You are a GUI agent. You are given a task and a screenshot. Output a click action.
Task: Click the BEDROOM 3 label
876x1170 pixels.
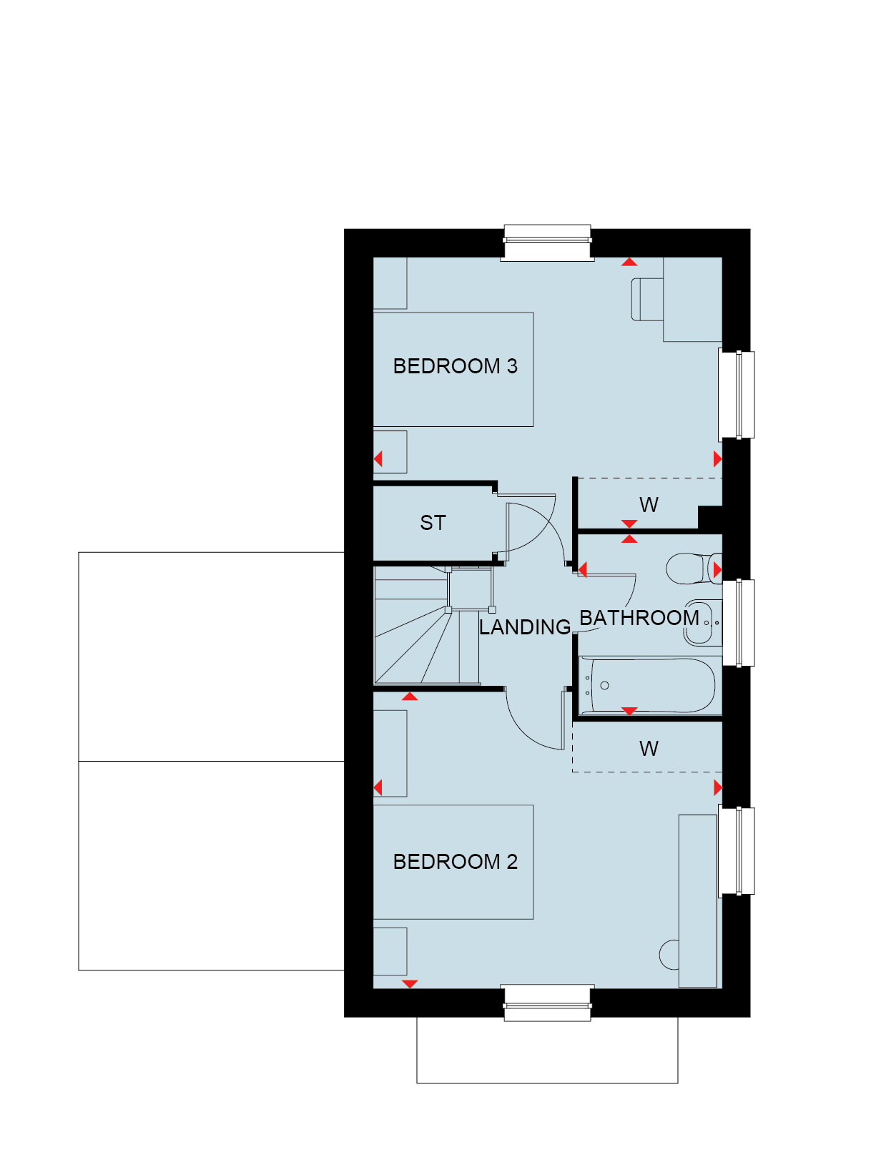click(455, 365)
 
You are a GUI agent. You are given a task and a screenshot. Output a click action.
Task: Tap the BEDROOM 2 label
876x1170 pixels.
click(455, 861)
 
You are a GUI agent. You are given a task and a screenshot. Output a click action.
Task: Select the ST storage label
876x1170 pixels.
click(432, 523)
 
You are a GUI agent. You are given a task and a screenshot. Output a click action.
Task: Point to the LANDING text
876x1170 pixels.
click(524, 627)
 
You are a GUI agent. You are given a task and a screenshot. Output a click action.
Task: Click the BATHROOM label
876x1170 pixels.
click(639, 618)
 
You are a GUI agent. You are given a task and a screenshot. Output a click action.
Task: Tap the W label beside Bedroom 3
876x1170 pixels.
click(649, 504)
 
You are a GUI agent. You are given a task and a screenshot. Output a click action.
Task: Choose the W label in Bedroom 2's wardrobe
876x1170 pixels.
click(649, 748)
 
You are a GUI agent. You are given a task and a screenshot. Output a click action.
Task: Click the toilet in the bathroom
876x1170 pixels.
click(694, 569)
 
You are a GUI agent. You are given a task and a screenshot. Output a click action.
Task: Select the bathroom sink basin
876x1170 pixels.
click(703, 623)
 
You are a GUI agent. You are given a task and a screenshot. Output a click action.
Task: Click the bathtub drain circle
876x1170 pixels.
click(604, 685)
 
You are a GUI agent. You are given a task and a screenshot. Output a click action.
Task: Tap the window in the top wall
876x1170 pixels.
click(547, 242)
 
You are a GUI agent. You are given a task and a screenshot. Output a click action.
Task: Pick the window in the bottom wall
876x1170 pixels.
click(547, 1003)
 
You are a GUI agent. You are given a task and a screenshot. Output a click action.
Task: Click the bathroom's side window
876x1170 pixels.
click(739, 623)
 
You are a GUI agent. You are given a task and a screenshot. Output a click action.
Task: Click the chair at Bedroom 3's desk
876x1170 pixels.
click(647, 300)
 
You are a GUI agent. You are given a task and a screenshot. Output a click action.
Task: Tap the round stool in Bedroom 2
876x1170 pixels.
click(669, 955)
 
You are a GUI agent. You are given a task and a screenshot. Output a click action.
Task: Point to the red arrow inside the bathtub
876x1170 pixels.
click(629, 711)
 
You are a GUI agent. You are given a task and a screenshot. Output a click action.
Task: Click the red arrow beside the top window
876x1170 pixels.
click(629, 262)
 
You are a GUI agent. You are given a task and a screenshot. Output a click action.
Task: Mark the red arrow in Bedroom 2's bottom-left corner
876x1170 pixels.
click(410, 984)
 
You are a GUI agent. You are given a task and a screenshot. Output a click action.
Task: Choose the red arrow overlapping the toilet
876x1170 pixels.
click(718, 570)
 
